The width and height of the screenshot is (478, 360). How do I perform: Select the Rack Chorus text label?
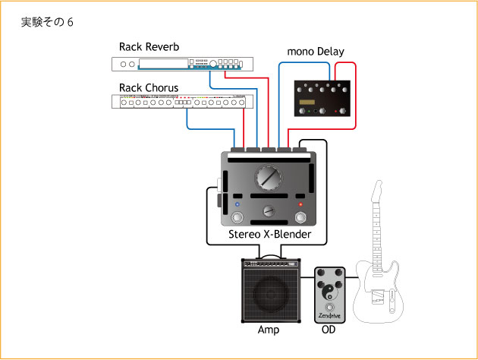point(149,87)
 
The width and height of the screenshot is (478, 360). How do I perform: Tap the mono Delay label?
point(315,52)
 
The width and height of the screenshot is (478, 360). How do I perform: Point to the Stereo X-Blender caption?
point(269,235)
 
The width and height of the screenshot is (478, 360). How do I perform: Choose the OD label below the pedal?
point(329,331)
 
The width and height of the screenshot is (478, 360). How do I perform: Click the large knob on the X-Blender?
point(267,179)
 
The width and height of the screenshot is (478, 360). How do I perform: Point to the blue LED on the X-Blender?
point(237,205)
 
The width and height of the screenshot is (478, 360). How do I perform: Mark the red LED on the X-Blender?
point(300,205)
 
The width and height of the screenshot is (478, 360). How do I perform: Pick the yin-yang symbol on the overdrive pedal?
point(329,289)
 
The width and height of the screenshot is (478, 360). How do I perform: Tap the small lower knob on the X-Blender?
point(267,212)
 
